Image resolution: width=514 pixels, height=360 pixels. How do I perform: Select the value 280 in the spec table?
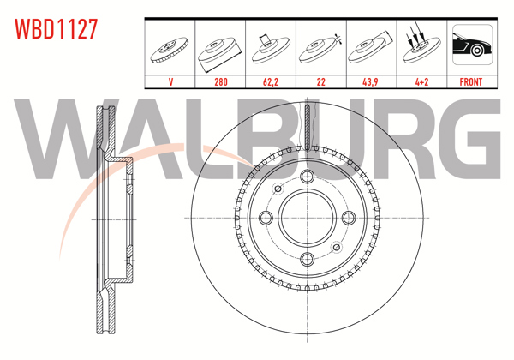point(222,82)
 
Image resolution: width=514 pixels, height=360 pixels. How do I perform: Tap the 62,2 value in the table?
point(272,82)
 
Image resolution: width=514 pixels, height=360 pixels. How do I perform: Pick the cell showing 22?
point(321,82)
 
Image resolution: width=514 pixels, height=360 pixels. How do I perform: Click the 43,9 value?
point(371,82)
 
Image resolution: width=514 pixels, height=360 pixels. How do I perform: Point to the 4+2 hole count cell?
point(421,82)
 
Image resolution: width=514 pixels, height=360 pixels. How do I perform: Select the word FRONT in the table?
point(471,82)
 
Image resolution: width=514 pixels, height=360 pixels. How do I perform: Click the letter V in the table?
point(171,82)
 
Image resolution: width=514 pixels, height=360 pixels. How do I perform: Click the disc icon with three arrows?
point(421,47)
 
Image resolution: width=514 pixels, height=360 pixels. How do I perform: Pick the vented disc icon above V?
point(171,49)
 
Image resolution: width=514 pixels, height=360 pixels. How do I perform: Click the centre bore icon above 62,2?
point(272,47)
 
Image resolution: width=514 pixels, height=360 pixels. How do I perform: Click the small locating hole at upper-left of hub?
point(278,189)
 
